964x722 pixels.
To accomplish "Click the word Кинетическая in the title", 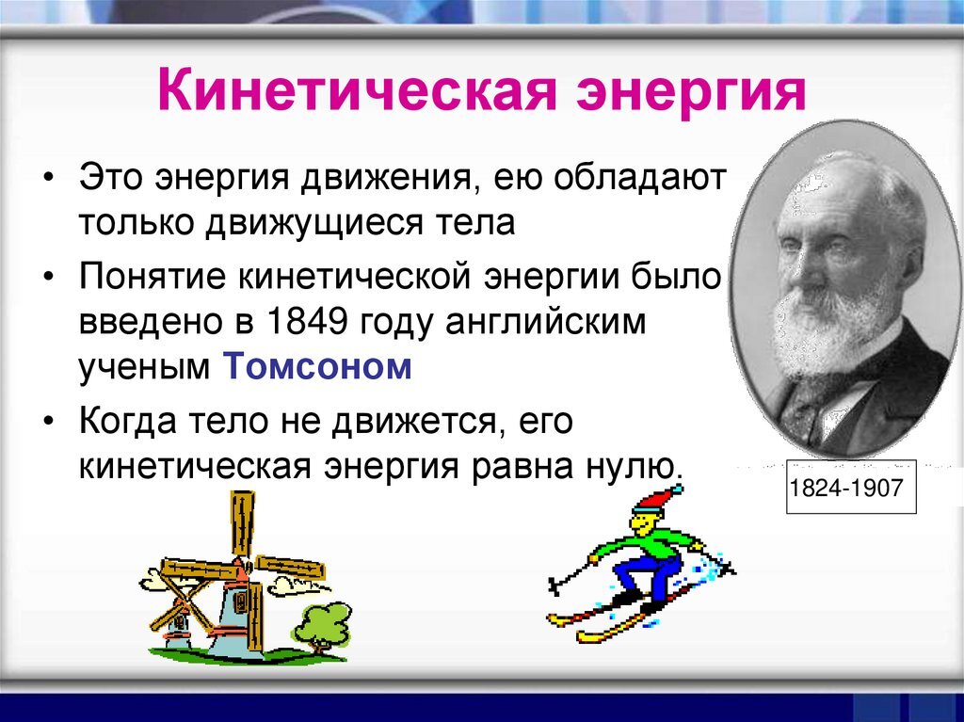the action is click(x=357, y=90).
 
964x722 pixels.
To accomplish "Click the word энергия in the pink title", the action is click(x=692, y=92).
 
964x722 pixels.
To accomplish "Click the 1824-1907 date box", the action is click(x=851, y=487).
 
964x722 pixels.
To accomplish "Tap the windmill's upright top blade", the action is click(x=242, y=522).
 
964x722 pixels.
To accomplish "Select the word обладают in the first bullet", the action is click(x=640, y=177).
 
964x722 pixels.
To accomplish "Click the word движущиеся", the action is click(x=314, y=224).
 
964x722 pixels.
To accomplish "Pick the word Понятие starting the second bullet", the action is click(x=153, y=277).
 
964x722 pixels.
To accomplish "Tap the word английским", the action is click(x=546, y=322).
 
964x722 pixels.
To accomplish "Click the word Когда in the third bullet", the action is click(x=128, y=421).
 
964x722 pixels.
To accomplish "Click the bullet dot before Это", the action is click(x=49, y=179).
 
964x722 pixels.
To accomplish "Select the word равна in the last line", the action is click(x=520, y=469).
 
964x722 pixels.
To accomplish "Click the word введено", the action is click(x=151, y=322).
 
